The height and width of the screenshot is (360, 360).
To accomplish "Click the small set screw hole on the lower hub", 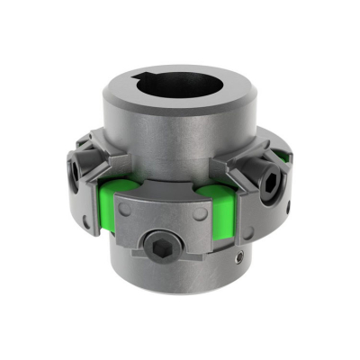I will [240, 257].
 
